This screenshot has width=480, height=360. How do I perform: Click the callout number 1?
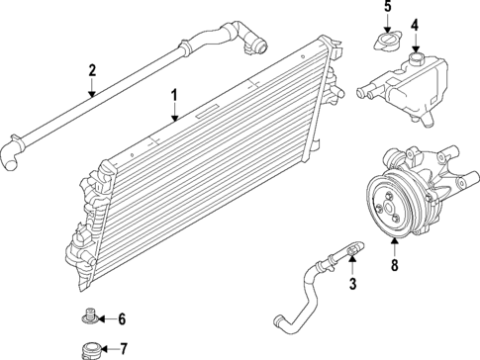(x=174, y=95)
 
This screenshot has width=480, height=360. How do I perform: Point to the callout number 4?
(x=416, y=25)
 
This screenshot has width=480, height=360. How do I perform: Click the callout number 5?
(x=387, y=7)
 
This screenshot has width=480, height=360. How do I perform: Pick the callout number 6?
(x=122, y=318)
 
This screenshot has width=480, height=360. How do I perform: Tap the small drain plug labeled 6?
(x=89, y=318)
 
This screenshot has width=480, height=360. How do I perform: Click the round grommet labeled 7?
(x=89, y=349)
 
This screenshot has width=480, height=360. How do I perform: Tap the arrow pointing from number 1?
(x=174, y=111)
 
